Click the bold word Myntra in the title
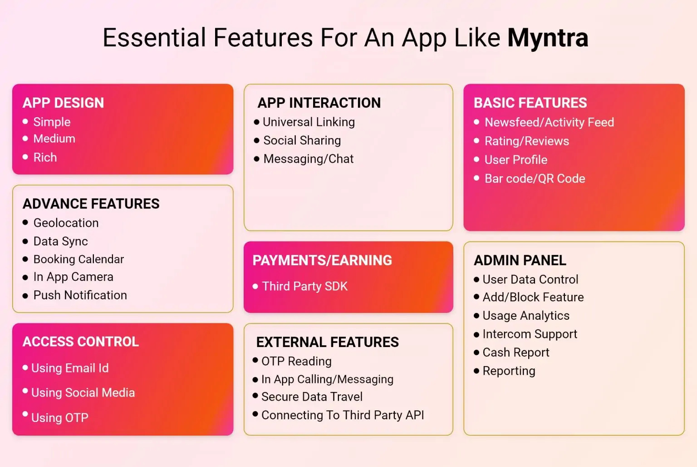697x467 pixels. pos(547,38)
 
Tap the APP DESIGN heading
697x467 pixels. pos(63,103)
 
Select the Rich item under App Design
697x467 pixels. pos(45,157)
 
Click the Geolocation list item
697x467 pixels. pos(66,223)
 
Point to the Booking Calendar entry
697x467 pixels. pos(79,259)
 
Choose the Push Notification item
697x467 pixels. pos(80,295)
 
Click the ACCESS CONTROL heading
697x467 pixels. pos(80,342)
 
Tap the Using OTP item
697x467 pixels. pos(59,417)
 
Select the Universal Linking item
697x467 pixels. pos(309,122)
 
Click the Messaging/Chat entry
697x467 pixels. pos(308,159)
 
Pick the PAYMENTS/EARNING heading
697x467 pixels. pos(322,260)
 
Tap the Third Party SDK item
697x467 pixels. pos(304,286)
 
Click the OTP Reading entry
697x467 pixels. pos(296,361)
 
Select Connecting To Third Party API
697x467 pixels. pos(343,415)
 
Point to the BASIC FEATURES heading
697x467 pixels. pos(530,103)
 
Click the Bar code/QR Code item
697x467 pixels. pos(535,179)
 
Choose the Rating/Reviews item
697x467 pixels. pos(526,141)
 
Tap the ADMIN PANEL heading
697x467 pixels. pos(520,260)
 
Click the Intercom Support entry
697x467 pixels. pos(530,334)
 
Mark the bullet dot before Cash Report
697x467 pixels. pos(476,353)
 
